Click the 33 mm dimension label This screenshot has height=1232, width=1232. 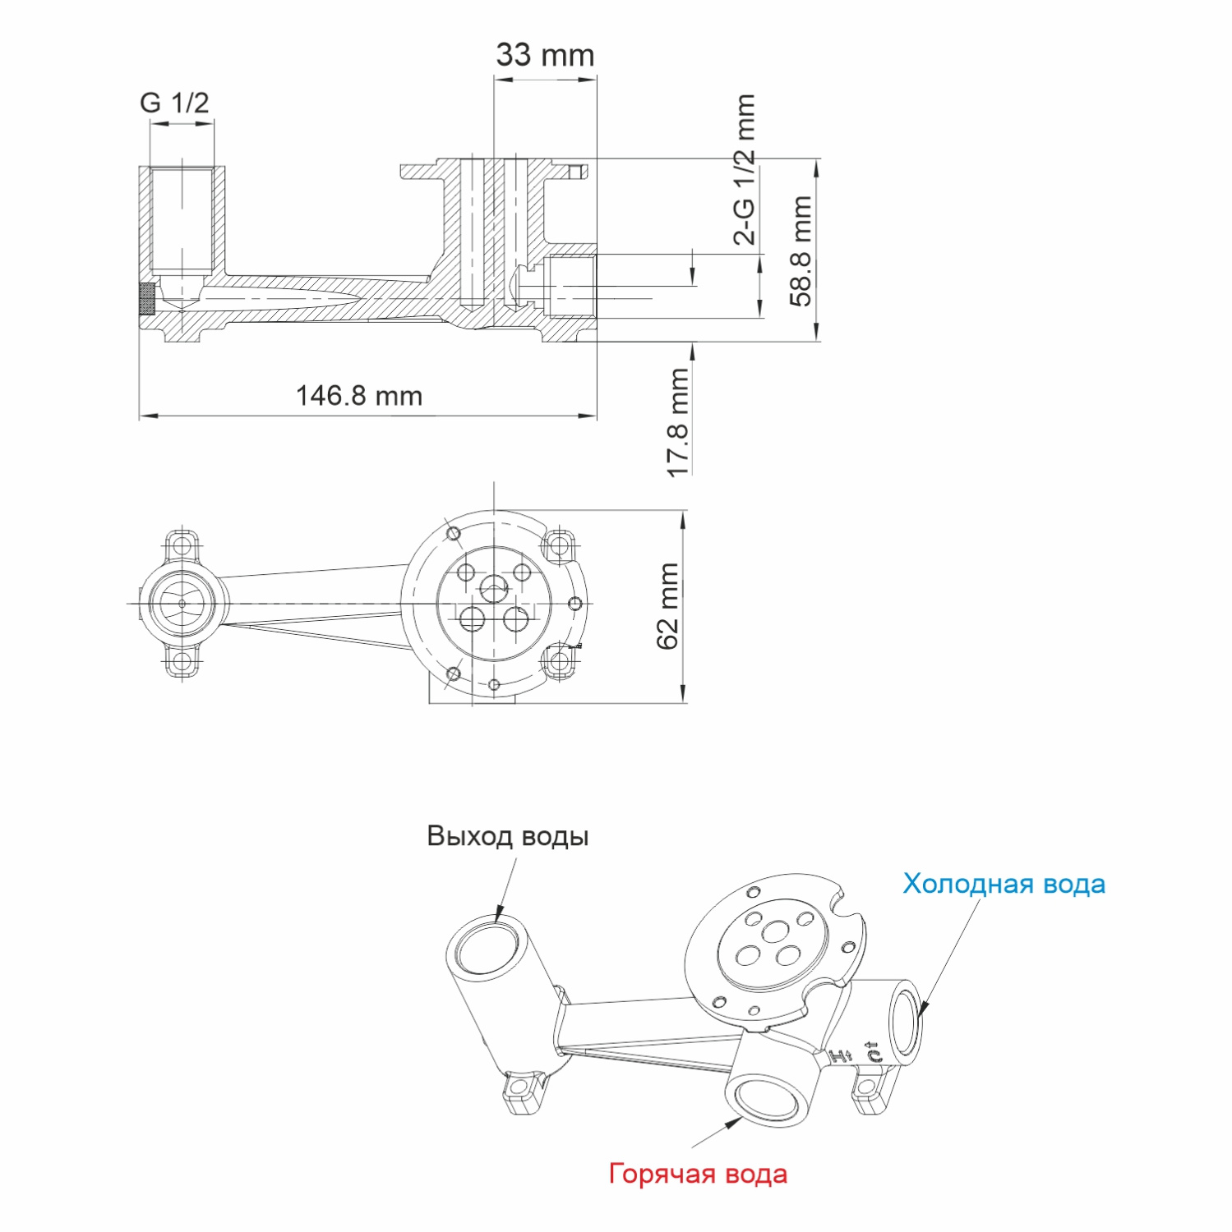click(545, 55)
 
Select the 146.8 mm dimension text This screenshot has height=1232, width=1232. click(358, 396)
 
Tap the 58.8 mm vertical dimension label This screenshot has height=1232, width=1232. click(801, 251)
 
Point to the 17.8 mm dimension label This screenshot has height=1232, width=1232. click(678, 422)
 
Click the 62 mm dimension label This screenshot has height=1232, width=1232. click(668, 606)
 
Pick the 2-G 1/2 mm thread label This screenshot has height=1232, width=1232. click(744, 169)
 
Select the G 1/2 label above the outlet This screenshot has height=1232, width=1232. click(174, 103)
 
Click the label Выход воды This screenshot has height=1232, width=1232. click(507, 836)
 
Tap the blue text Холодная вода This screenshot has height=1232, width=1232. click(1004, 884)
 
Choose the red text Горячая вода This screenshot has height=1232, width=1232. click(698, 1174)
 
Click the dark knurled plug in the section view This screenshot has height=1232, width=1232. click(147, 299)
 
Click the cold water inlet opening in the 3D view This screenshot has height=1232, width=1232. click(907, 1022)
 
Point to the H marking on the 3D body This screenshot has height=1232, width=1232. click(839, 1056)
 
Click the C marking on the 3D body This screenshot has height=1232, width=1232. click(873, 1052)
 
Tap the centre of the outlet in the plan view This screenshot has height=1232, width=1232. click(182, 604)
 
